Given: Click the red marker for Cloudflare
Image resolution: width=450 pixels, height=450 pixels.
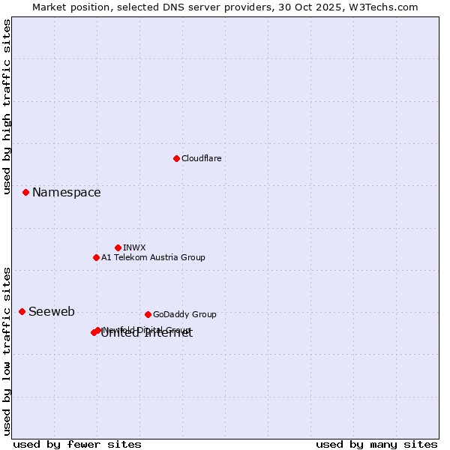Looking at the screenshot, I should (176, 158).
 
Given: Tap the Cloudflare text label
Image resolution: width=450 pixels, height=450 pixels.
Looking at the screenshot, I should (201, 158).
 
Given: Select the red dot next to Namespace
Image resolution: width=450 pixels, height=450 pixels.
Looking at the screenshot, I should (25, 192).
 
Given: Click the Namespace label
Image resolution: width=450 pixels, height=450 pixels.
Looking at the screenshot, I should (66, 193).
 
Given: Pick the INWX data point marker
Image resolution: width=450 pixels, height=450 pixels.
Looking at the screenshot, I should (118, 247).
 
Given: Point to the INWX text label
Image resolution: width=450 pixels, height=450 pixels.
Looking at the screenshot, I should (134, 247).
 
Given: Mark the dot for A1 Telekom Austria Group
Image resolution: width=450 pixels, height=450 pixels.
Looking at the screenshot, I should (96, 257).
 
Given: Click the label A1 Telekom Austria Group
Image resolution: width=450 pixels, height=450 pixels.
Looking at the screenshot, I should (153, 257).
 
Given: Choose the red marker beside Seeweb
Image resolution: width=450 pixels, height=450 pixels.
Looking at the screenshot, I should (22, 311).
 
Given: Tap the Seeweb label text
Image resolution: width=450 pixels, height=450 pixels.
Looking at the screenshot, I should (52, 312).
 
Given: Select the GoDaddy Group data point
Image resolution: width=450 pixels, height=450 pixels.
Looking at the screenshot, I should (148, 314).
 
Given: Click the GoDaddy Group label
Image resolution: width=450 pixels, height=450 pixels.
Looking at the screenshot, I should (184, 314).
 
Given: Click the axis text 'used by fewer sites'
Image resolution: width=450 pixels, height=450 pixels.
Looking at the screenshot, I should (77, 444).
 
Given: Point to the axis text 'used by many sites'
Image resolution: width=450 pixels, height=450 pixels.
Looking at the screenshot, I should (376, 444).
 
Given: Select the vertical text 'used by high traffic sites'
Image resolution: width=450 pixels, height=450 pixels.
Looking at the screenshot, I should (7, 106).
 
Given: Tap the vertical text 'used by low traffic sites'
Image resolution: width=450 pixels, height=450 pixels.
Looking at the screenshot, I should (7, 350).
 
